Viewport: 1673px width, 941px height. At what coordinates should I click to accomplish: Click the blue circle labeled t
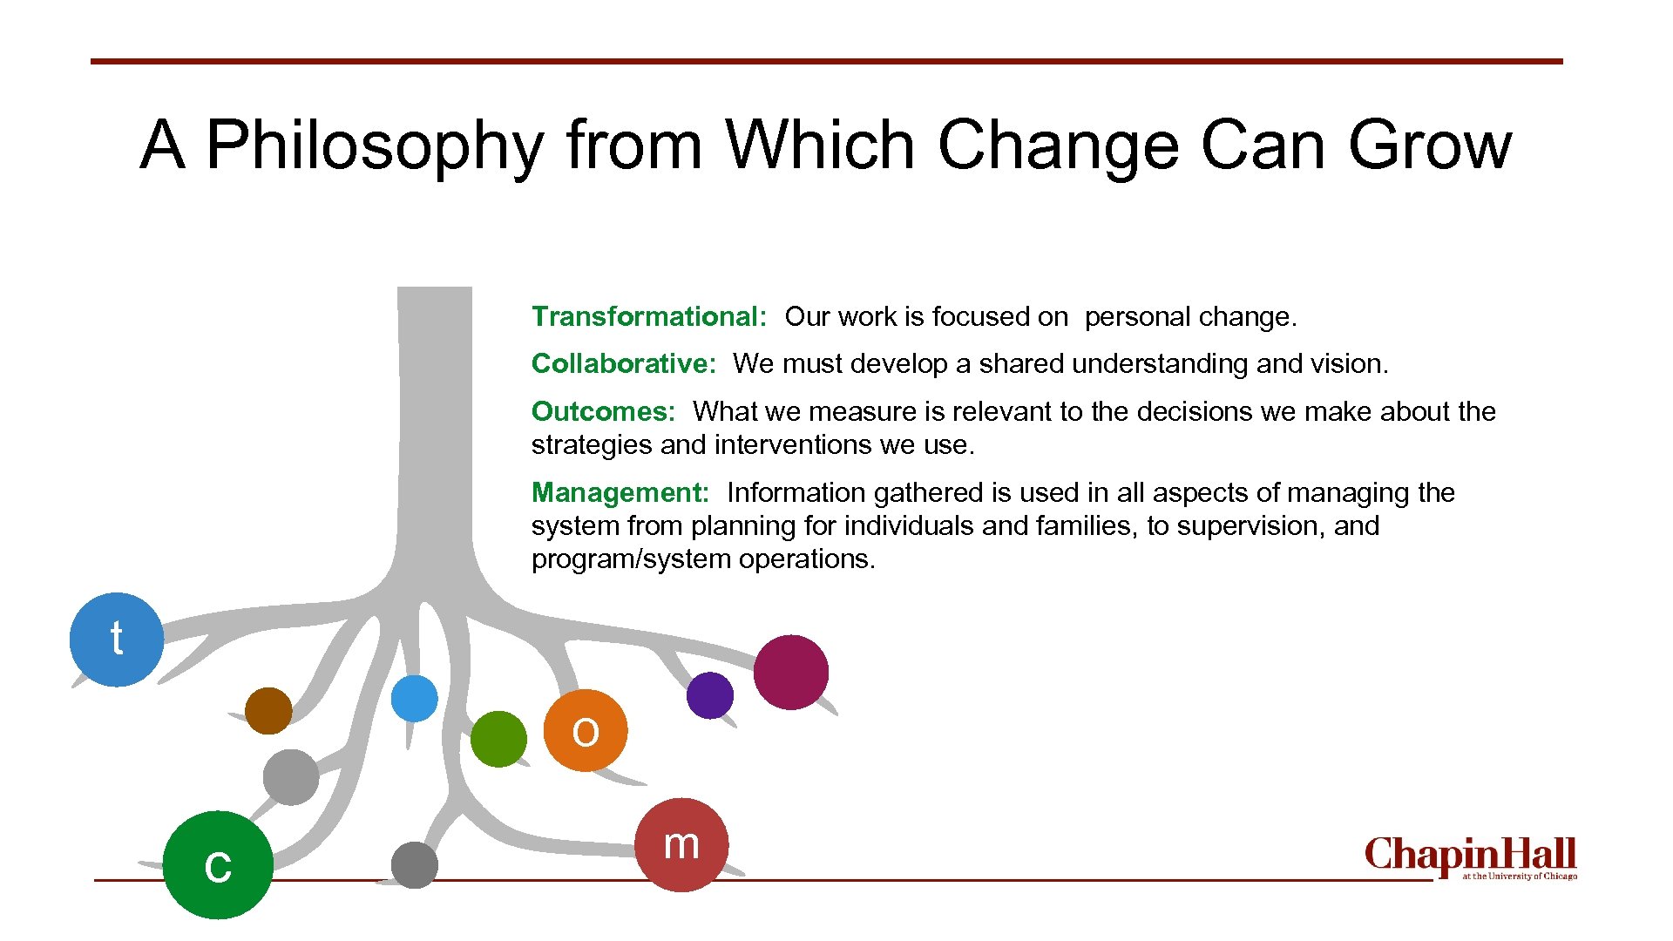click(x=116, y=640)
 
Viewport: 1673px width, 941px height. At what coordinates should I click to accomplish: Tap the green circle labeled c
click(x=218, y=864)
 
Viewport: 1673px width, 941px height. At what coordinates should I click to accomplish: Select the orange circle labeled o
click(x=586, y=730)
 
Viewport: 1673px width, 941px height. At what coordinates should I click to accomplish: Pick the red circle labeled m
click(x=681, y=844)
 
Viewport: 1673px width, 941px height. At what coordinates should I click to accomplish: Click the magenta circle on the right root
click(x=790, y=672)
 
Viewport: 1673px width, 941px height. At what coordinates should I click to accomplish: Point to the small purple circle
click(x=709, y=695)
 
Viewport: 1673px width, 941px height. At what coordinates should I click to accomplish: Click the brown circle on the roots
click(x=268, y=710)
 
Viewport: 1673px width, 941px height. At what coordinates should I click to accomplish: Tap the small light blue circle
click(x=415, y=698)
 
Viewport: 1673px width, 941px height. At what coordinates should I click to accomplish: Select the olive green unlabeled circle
click(x=498, y=739)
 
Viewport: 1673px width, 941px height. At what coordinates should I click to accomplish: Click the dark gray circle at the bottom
click(x=415, y=864)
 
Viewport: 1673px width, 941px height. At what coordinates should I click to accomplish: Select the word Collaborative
click(x=623, y=363)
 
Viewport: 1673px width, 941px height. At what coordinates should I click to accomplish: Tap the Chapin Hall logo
click(x=1470, y=857)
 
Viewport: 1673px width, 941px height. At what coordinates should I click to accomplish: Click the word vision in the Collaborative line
click(x=1349, y=363)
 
